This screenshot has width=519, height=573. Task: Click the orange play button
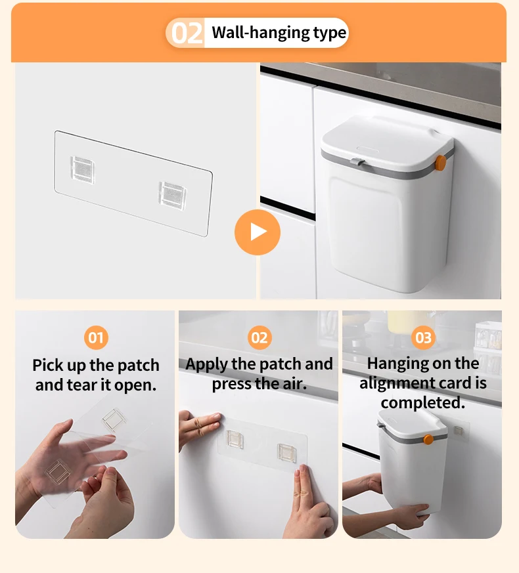258,232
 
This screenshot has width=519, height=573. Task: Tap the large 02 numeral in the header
187,33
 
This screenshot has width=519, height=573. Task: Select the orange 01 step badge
96,337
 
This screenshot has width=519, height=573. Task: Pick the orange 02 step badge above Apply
259,337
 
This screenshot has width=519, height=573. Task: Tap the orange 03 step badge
423,337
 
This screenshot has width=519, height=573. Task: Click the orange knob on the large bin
440,163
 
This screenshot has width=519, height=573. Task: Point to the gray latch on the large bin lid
357,161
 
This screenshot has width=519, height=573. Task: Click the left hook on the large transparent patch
82,170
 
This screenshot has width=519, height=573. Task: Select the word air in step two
295,384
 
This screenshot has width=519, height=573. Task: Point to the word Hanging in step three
397,364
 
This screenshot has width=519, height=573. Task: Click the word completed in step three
423,403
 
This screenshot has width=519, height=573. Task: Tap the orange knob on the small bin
428,439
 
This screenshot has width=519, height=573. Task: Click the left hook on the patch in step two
235,439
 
